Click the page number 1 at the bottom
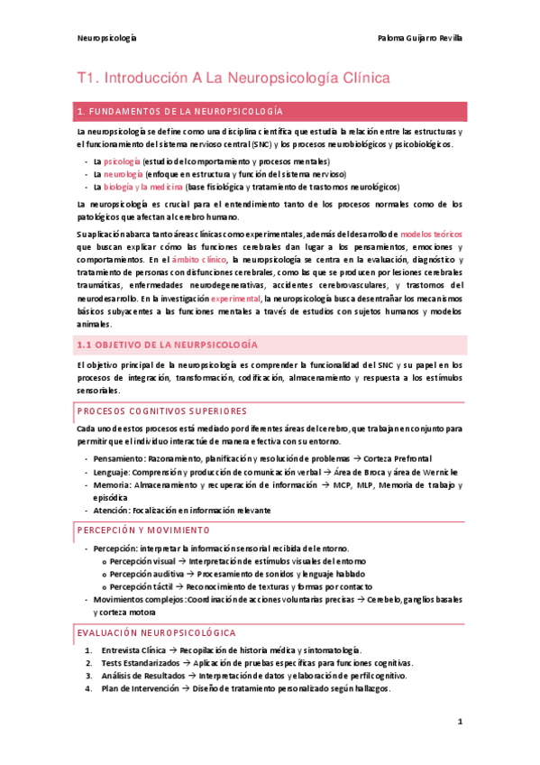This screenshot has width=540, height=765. click(459, 721)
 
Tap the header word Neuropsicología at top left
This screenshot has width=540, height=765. click(106, 39)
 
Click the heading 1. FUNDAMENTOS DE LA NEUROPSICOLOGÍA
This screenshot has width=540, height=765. click(181, 111)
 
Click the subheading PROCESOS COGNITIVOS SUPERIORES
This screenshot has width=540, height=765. click(161, 410)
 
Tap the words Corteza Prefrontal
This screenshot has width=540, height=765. click(397, 459)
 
